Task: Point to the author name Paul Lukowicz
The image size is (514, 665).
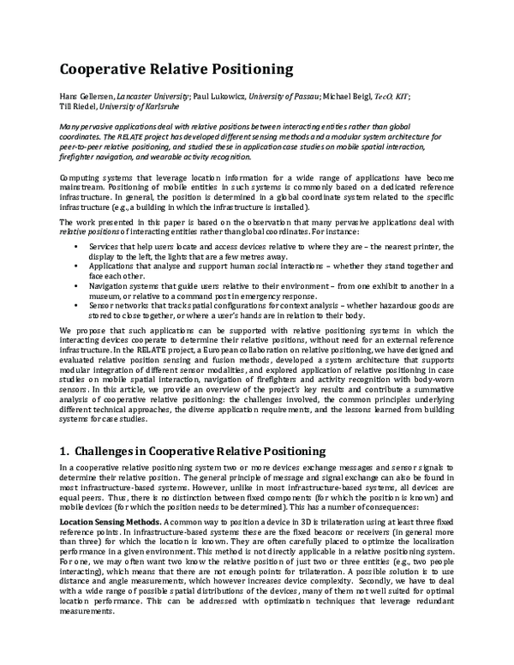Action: pyautogui.click(x=221, y=95)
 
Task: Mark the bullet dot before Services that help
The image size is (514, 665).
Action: pyautogui.click(x=78, y=246)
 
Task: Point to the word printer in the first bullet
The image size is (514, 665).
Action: pyautogui.click(x=421, y=246)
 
